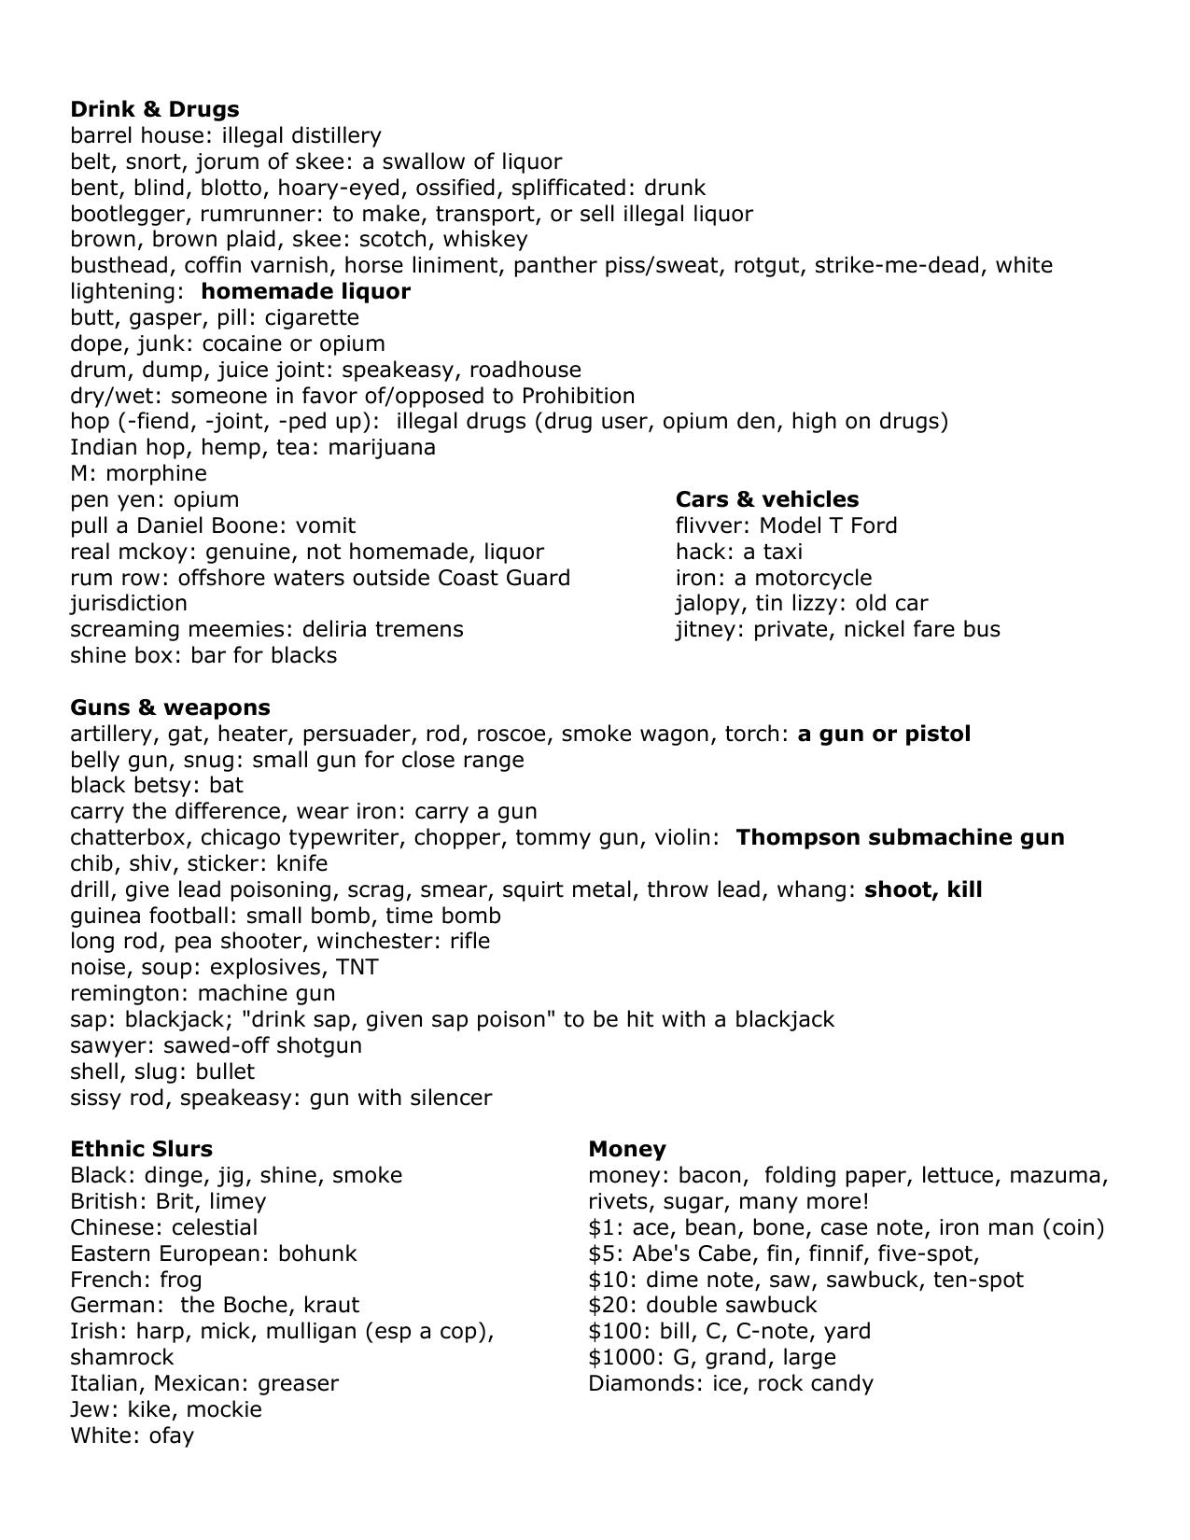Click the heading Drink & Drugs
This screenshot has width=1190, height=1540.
coord(154,109)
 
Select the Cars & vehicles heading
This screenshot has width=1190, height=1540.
coord(766,499)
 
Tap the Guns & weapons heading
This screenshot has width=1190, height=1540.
coord(170,707)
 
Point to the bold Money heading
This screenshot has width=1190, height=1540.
coord(627,1149)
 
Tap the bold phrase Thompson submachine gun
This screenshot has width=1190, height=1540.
coord(900,837)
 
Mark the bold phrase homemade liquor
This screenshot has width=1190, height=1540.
coord(305,291)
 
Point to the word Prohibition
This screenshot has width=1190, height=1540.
coord(578,396)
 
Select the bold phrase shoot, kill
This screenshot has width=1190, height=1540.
coord(923,889)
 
